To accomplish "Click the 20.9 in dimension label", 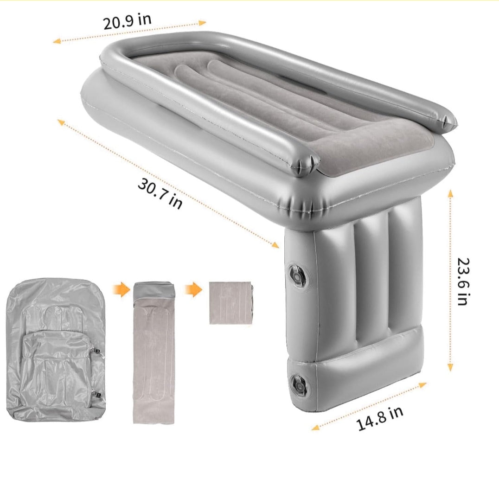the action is coord(127,21).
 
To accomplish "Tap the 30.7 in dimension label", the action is coord(160,193).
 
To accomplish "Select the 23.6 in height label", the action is coord(463,281).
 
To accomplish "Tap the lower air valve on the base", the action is coord(299,385).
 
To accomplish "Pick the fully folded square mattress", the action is coord(231,303).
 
